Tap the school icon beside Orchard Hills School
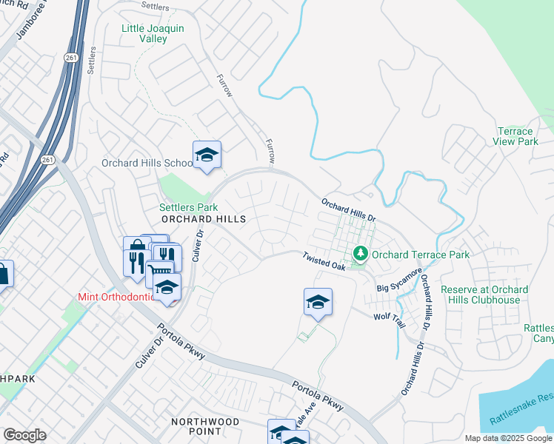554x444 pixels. pyautogui.click(x=207, y=155)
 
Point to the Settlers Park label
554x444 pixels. pyautogui.click(x=189, y=208)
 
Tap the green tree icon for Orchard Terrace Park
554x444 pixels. pyautogui.click(x=361, y=254)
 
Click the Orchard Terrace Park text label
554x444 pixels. pyautogui.click(x=420, y=255)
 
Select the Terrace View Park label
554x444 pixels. pyautogui.click(x=517, y=136)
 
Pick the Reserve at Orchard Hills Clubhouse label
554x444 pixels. pyautogui.click(x=495, y=295)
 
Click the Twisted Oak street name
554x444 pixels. pyautogui.click(x=324, y=260)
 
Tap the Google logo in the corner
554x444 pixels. pyautogui.click(x=24, y=435)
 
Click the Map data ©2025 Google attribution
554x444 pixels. pyautogui.click(x=508, y=438)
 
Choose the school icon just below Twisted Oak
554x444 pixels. pyautogui.click(x=318, y=302)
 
